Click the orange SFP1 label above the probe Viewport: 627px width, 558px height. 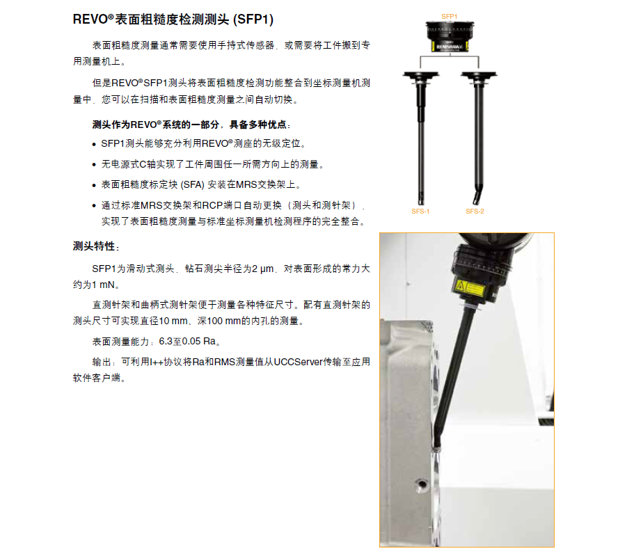(449, 17)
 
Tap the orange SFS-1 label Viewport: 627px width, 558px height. (420, 211)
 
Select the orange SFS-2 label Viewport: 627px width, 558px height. (475, 211)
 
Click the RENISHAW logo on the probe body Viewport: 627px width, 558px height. (450, 47)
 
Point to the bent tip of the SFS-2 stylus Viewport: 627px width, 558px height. (476, 200)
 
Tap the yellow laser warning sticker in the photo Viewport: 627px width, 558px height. (470, 288)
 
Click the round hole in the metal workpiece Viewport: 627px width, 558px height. (422, 485)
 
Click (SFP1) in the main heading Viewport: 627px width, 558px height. (253, 19)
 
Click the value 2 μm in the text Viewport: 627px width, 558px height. (263, 269)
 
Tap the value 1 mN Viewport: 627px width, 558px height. (103, 285)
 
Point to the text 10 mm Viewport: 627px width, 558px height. (173, 321)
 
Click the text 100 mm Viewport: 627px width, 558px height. (222, 321)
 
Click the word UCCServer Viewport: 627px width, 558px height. (298, 362)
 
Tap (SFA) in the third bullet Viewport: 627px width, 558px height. (192, 184)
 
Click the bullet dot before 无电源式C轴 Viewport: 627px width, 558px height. (94, 165)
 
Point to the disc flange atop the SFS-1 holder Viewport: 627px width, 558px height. (420, 74)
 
